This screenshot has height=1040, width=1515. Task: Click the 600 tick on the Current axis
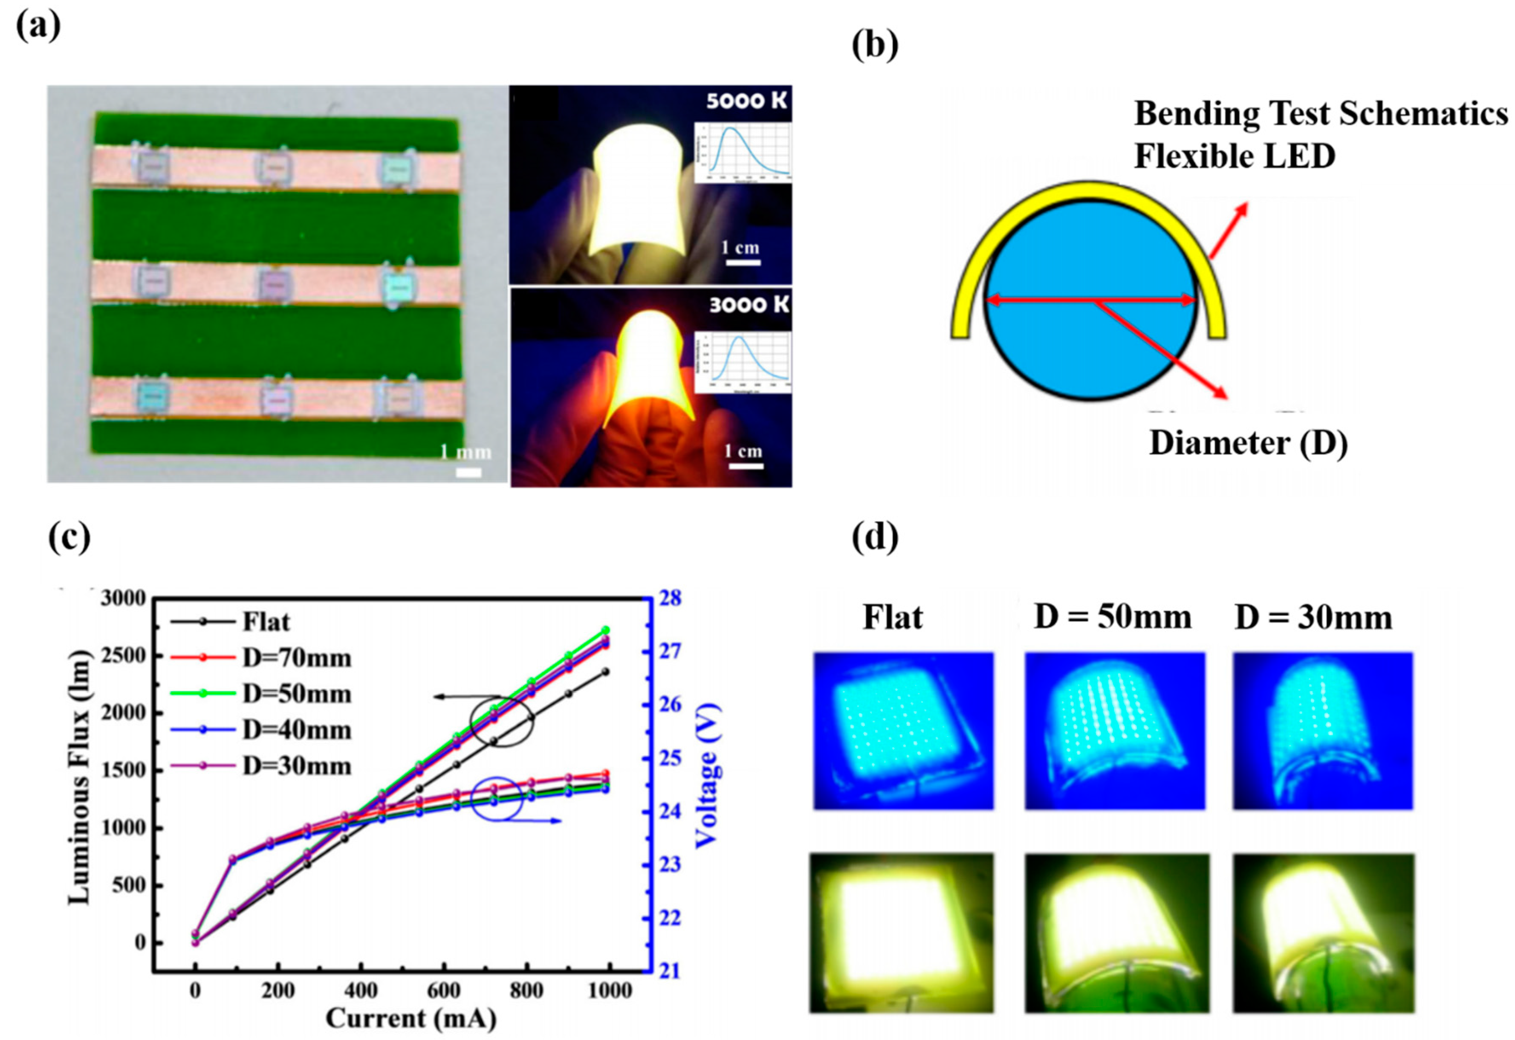(443, 991)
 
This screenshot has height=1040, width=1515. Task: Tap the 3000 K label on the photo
(749, 304)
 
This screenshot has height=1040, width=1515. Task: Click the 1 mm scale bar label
(465, 451)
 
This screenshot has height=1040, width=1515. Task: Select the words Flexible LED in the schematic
(1235, 156)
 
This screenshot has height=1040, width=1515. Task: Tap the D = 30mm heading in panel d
(1313, 616)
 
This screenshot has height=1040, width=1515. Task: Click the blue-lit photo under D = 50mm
(1115, 731)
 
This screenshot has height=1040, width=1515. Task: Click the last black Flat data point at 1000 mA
(606, 672)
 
